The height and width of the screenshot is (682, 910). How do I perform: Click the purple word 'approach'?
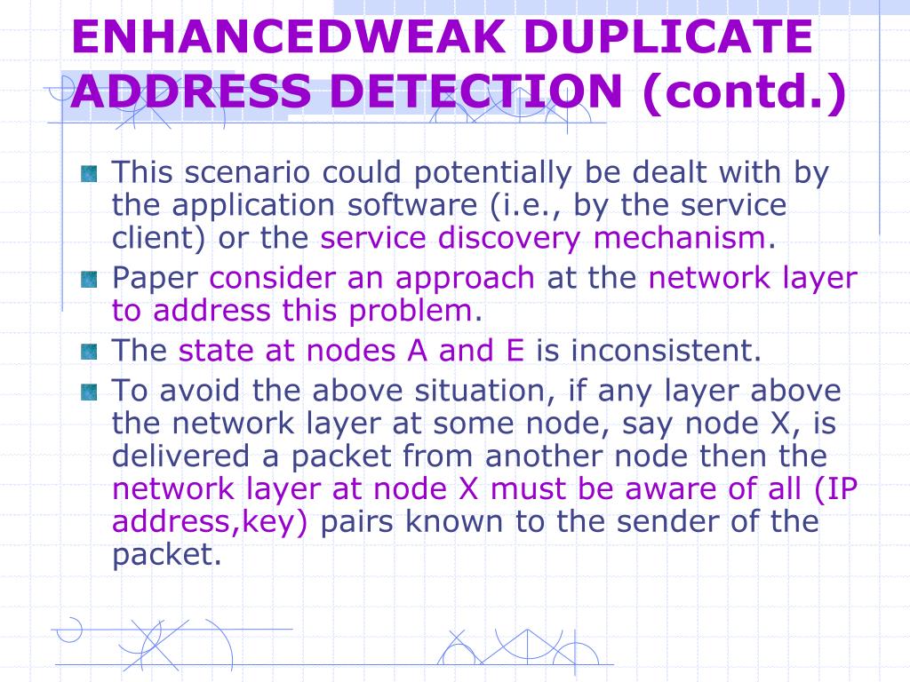pos(466,279)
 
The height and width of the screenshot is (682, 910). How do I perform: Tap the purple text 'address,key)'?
pos(210,521)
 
